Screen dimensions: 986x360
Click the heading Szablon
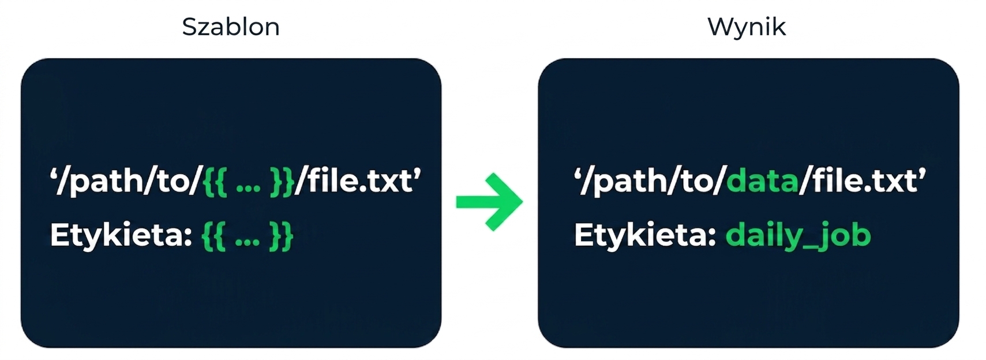click(231, 27)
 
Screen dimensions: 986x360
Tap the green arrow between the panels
click(489, 202)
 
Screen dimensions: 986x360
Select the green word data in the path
click(762, 181)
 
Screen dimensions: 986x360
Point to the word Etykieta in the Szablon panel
click(121, 235)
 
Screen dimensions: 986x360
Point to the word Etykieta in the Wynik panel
click(645, 235)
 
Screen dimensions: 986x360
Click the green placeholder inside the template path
click(249, 182)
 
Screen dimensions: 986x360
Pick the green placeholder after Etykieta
click(247, 237)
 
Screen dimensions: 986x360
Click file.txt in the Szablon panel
click(359, 180)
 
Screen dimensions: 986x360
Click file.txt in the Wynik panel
click(864, 180)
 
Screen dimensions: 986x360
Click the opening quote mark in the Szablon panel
click(54, 172)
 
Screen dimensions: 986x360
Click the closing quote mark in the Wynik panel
click(923, 172)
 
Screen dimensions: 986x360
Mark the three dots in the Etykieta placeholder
click(247, 242)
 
